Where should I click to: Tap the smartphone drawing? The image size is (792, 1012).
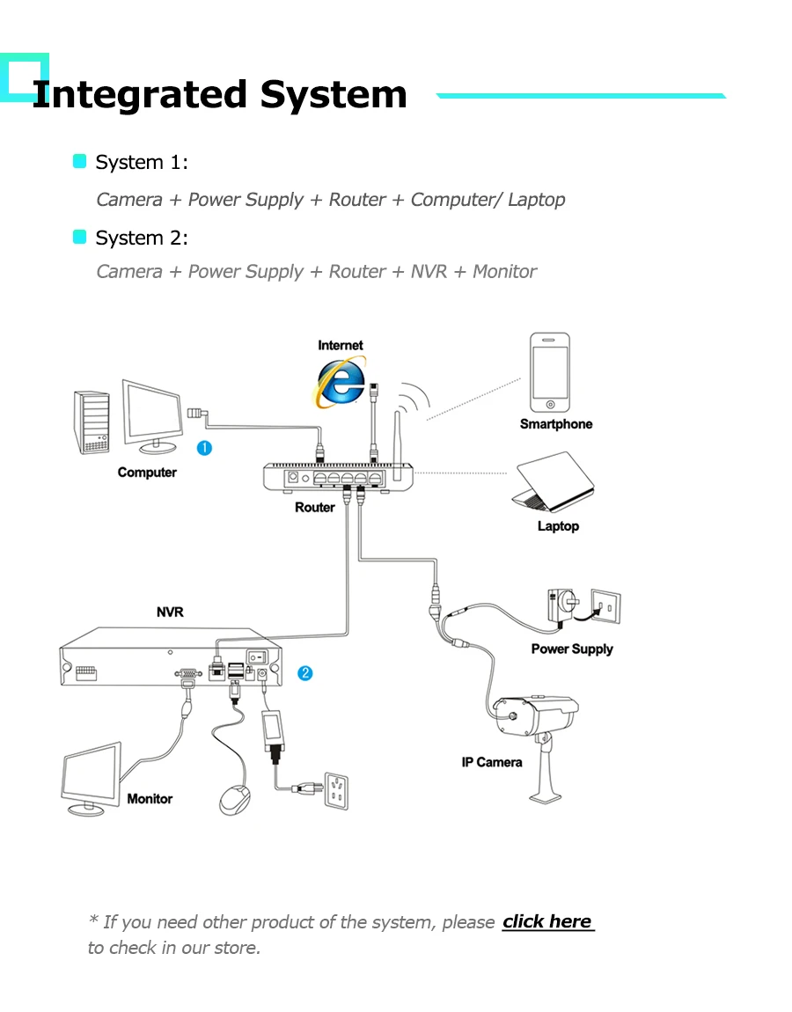point(550,372)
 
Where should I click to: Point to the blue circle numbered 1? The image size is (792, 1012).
point(203,449)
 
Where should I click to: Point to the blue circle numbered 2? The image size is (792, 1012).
point(304,673)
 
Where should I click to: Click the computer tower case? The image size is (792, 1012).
point(92,422)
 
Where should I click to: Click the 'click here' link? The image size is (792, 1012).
point(547,921)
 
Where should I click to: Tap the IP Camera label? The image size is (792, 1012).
point(492,762)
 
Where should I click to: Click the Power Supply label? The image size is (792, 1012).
point(571,649)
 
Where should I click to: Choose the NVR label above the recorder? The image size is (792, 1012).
point(170,612)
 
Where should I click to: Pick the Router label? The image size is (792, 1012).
point(314,507)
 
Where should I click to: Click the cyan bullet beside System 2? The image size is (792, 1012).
point(80,237)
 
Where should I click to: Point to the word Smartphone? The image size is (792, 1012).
point(555,424)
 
